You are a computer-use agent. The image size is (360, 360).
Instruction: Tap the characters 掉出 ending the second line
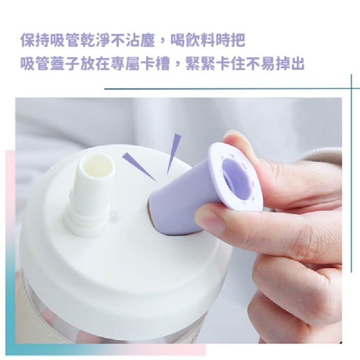[290, 64]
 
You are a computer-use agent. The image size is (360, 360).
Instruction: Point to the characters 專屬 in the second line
[125, 64]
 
